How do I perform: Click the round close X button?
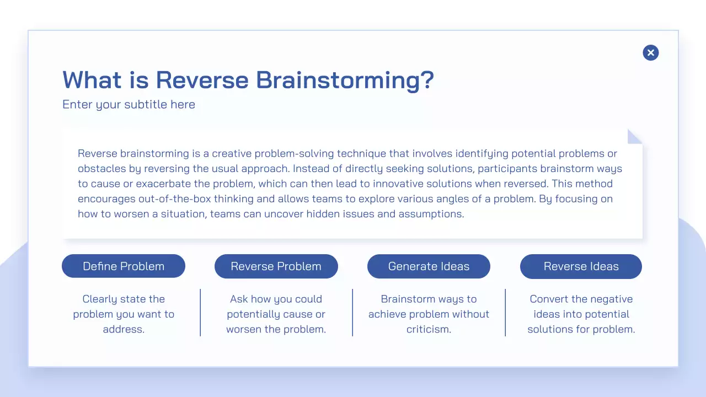pos(650,52)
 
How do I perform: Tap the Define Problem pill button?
pos(124,266)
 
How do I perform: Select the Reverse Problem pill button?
pos(276,266)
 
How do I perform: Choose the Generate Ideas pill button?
pos(429,266)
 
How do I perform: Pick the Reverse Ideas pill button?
pos(581,266)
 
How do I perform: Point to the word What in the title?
pos(92,80)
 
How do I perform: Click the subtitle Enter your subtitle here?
pos(129,104)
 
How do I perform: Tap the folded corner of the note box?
pos(635,136)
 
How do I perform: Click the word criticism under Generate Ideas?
pos(429,329)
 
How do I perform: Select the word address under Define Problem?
pos(124,329)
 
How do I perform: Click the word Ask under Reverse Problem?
pos(239,299)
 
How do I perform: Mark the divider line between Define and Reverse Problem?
pos(200,313)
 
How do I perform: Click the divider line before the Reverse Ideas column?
pos(505,313)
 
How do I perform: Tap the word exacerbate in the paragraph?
pos(163,184)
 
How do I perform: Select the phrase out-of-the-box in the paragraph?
pos(175,199)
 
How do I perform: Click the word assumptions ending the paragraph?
pos(431,214)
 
